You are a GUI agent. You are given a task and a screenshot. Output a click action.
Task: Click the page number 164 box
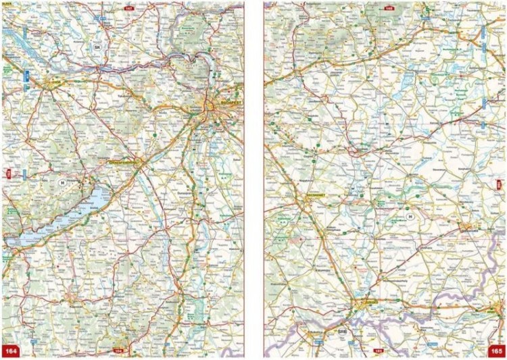pos(11,351)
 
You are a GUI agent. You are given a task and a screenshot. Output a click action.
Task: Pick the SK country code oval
pos(98,47)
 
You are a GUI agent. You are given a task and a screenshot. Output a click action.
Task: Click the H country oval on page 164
pos(62,182)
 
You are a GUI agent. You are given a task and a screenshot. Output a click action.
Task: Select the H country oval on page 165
pos(408,216)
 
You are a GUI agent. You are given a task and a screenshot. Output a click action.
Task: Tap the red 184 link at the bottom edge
pos(119,351)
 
